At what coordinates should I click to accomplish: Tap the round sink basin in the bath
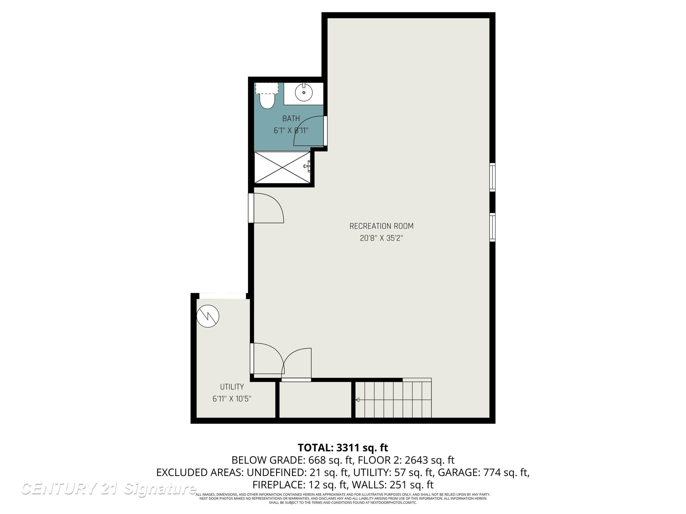[x=304, y=92]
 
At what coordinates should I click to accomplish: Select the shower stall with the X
[x=282, y=167]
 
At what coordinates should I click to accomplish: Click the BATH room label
[x=291, y=118]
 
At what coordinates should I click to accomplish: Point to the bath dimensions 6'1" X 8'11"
[x=291, y=130]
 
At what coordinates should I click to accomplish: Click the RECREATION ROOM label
[x=381, y=226]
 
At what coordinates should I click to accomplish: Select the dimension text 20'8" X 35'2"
[x=381, y=238]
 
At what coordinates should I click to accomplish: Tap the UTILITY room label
[x=232, y=387]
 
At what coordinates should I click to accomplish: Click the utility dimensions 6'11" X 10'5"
[x=232, y=399]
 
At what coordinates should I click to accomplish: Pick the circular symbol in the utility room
[x=208, y=316]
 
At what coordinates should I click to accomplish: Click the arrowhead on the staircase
[x=357, y=400]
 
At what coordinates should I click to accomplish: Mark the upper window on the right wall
[x=492, y=177]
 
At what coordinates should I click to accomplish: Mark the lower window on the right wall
[x=492, y=227]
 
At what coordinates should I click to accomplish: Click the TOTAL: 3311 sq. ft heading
[x=343, y=448]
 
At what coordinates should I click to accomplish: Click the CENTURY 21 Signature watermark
[x=109, y=489]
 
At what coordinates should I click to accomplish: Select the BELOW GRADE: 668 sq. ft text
[x=293, y=460]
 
